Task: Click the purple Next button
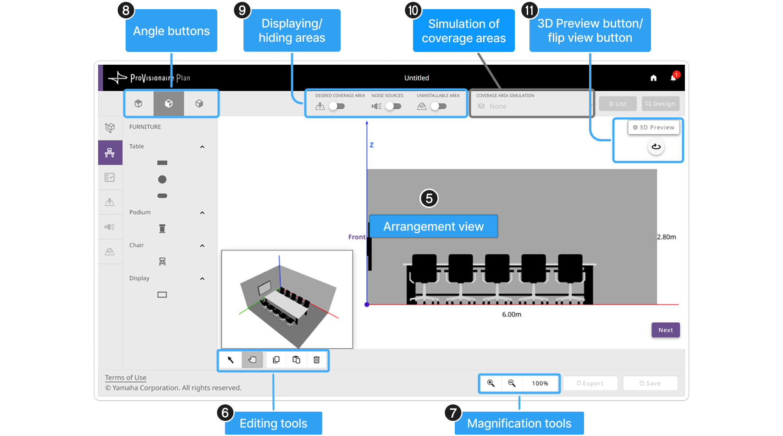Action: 665,330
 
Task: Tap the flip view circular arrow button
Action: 656,146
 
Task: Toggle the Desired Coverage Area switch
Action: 337,106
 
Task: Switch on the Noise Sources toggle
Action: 393,106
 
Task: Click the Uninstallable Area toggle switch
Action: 438,106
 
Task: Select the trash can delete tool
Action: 316,360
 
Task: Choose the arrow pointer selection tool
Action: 230,360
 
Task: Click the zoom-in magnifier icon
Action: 491,383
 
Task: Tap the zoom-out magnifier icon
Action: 512,383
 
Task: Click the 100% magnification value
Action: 540,384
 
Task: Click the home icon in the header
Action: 653,78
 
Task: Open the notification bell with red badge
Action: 674,77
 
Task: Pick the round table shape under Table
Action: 162,179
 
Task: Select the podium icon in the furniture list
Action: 162,229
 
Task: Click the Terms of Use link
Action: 126,378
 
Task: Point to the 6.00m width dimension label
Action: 512,314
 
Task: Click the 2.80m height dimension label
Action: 666,237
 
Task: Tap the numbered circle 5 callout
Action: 429,198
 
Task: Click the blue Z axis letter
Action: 372,145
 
